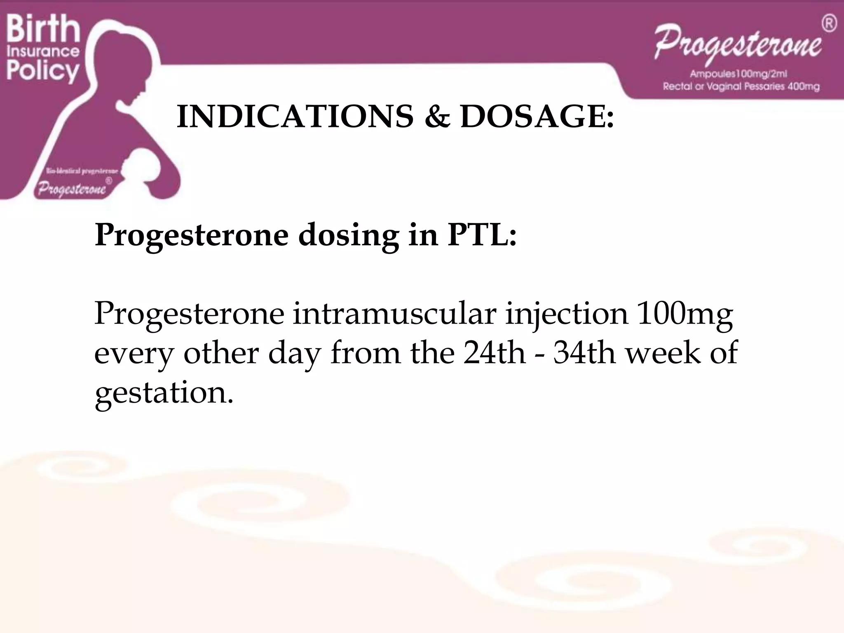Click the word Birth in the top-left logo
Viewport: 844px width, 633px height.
click(x=43, y=28)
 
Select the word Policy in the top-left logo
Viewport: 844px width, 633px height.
click(x=43, y=71)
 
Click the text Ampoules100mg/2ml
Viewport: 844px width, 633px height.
click(x=738, y=74)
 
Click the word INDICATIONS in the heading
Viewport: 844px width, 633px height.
click(x=295, y=117)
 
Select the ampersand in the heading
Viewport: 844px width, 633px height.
click(x=436, y=117)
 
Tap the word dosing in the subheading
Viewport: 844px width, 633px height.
click(x=348, y=236)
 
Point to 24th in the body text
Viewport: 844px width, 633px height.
click(x=494, y=353)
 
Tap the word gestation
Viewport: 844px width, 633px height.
click(x=164, y=393)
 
